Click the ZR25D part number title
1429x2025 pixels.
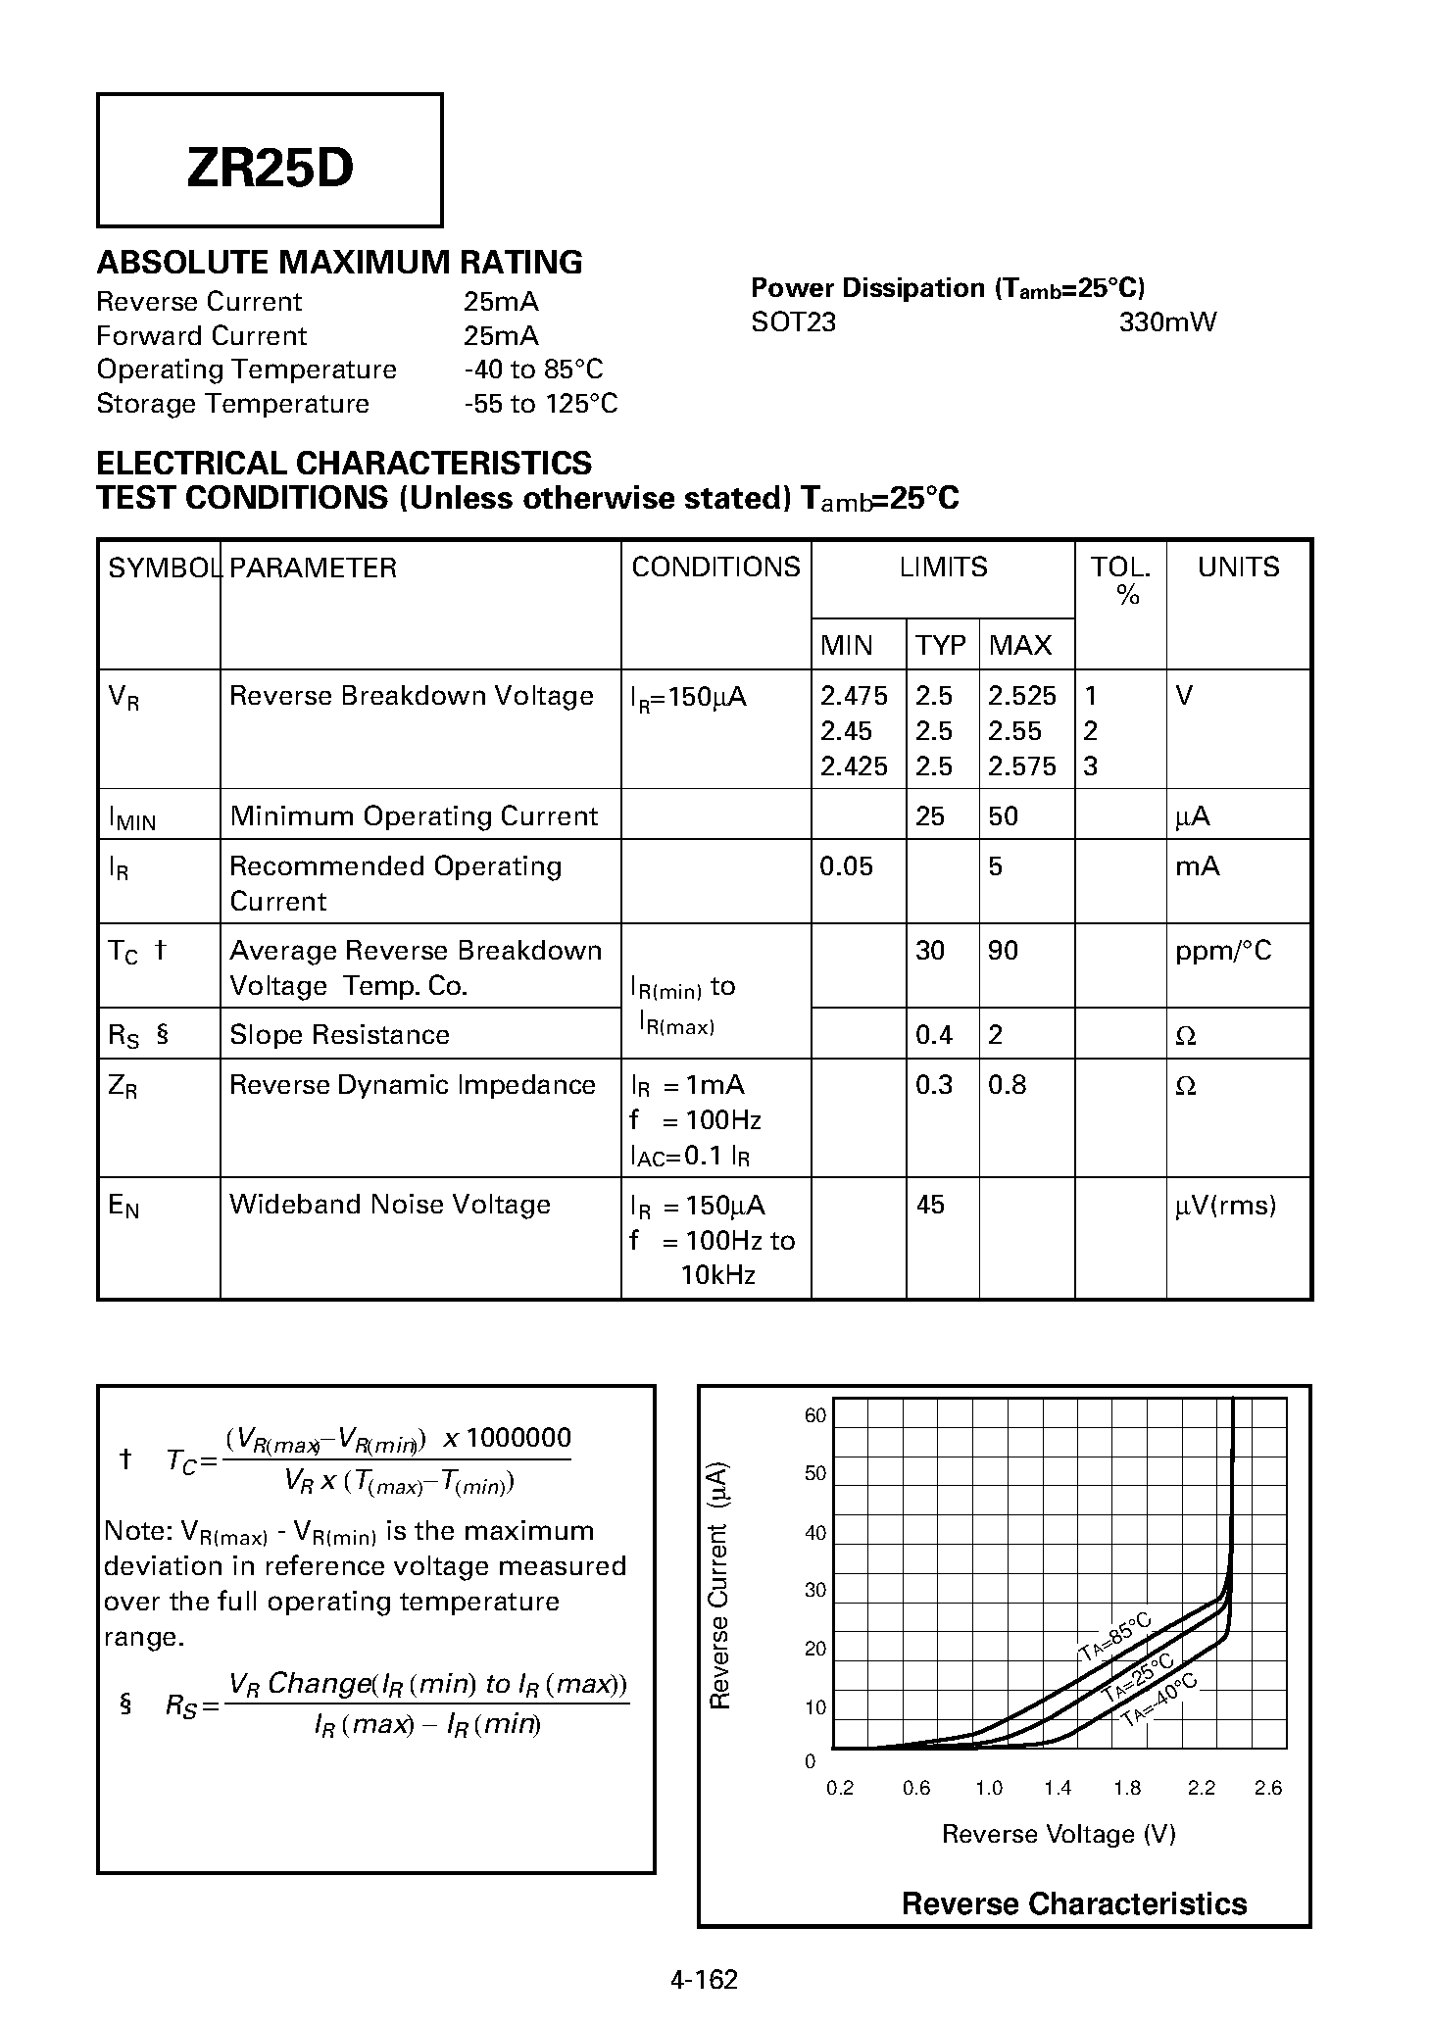pos(270,170)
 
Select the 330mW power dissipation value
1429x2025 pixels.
pos(1166,322)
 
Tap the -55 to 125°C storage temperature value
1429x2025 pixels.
pos(540,404)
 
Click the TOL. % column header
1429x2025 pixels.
pos(1120,580)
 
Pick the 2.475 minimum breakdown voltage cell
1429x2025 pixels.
pos(854,696)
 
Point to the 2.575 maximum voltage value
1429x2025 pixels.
pos(1021,766)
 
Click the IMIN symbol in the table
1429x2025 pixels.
pos(131,817)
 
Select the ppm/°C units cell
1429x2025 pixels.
pos(1222,951)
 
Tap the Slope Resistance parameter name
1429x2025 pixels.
pos(339,1035)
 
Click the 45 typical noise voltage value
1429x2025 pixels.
pos(929,1205)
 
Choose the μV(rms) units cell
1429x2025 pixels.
pos(1225,1206)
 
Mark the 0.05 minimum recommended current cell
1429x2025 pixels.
pos(845,866)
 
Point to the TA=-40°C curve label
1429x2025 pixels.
pos(1160,1701)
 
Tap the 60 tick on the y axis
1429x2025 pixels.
pos(815,1415)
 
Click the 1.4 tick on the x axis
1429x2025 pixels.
pos(1058,1788)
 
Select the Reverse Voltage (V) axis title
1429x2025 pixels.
pos(1058,1834)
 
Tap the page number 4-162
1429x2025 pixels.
pos(704,1979)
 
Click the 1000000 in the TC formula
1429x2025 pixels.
pos(518,1438)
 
